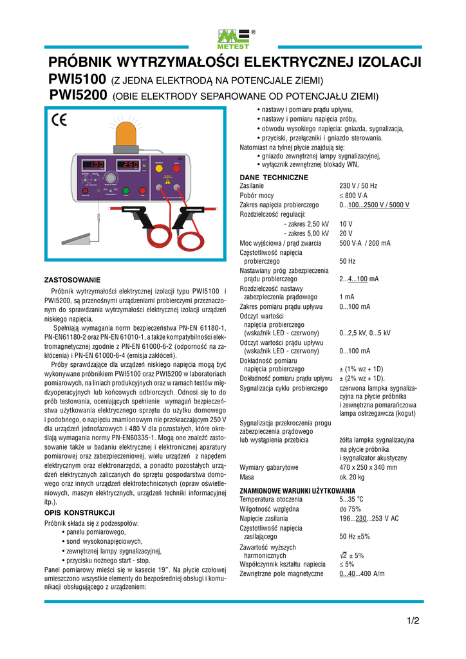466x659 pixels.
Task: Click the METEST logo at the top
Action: pyautogui.click(x=232, y=39)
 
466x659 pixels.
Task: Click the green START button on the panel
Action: pyautogui.click(x=126, y=190)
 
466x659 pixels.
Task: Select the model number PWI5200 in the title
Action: pyautogui.click(x=78, y=97)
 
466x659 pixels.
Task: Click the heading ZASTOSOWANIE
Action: pyautogui.click(x=72, y=281)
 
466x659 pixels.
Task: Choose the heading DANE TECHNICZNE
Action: pyautogui.click(x=274, y=177)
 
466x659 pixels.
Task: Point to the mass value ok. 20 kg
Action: pyautogui.click(x=352, y=478)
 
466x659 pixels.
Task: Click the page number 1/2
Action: pyautogui.click(x=413, y=621)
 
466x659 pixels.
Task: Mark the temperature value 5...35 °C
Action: pyautogui.click(x=351, y=499)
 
